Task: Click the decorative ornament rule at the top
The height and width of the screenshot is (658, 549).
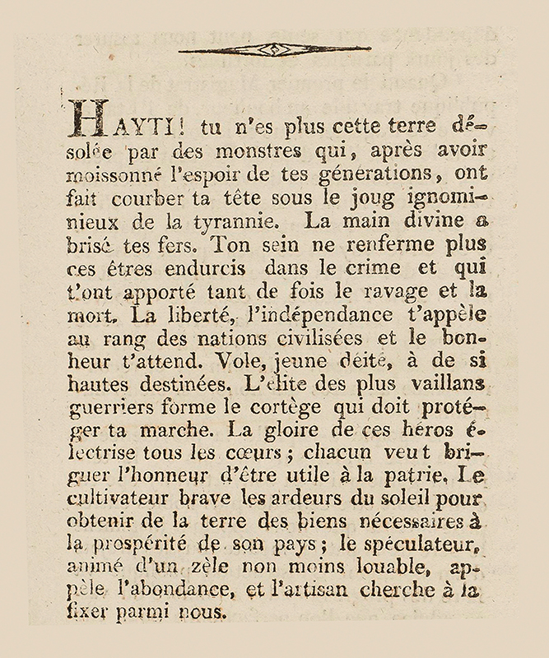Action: pos(274,49)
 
